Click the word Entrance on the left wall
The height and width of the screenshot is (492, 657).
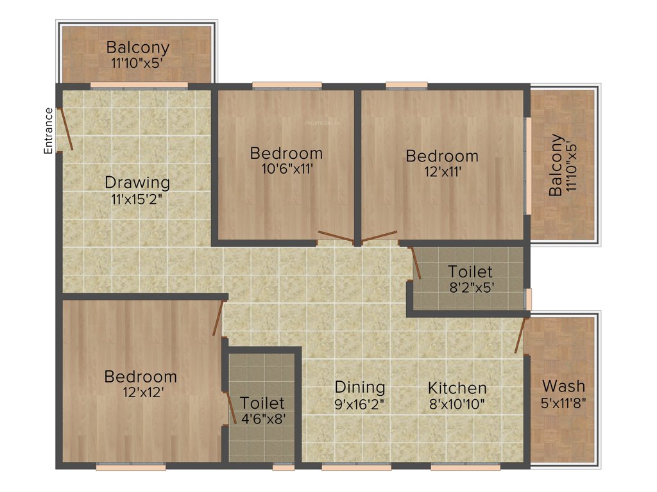48,131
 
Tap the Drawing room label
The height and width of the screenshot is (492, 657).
137,183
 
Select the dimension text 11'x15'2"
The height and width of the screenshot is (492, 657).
135,199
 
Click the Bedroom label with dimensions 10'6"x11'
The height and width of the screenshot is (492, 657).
286,153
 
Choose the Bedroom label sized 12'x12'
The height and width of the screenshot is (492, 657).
140,376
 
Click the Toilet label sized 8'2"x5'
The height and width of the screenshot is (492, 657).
470,272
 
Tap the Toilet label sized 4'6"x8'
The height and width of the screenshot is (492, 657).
262,403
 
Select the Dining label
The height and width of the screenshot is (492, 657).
360,387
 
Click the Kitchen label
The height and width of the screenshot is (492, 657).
457,388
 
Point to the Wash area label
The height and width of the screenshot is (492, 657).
563,386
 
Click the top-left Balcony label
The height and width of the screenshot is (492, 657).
138,47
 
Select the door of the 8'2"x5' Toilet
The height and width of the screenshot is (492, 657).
416,263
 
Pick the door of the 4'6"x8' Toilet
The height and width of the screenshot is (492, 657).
229,405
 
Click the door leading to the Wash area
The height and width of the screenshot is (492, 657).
520,334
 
